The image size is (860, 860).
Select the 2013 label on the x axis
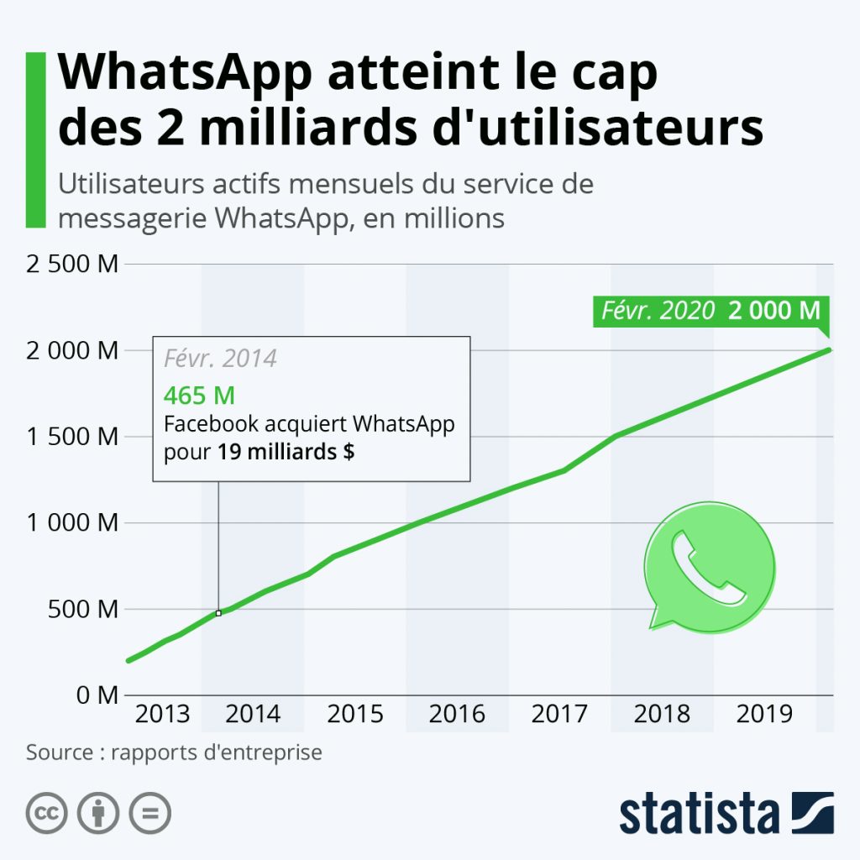[162, 715]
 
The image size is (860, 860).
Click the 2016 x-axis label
[457, 715]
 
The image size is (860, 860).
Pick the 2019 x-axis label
[764, 715]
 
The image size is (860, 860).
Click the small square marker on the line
[218, 613]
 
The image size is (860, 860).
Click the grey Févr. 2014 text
[220, 359]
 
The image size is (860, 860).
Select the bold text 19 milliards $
[286, 451]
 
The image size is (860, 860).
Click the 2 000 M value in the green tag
[773, 311]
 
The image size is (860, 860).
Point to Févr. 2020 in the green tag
[658, 311]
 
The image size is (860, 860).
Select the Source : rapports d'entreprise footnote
[174, 752]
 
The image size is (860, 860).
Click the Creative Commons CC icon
[47, 813]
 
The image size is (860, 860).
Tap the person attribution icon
[98, 813]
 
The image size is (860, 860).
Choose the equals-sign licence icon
[150, 813]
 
